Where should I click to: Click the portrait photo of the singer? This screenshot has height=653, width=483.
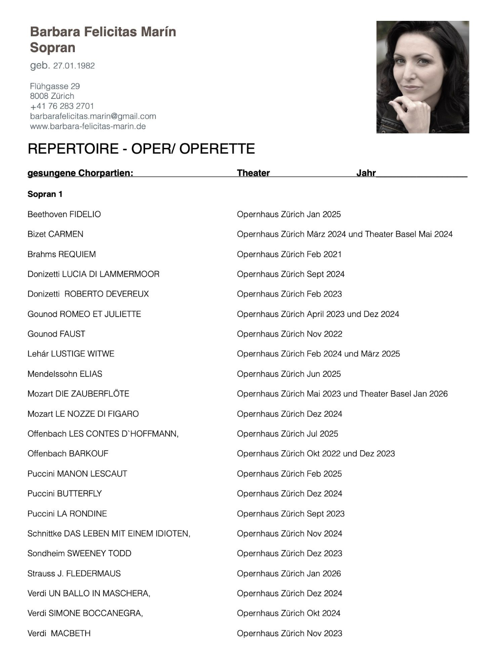tap(422, 77)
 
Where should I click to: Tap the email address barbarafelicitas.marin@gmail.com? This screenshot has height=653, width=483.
tap(93, 116)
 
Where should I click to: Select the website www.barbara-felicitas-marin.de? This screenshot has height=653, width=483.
tap(88, 126)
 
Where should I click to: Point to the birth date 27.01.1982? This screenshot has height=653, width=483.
tap(74, 66)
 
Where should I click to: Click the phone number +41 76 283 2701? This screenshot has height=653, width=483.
tap(62, 106)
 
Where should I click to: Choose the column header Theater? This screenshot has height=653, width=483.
tap(253, 173)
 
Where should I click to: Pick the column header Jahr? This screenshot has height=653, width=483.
tap(366, 173)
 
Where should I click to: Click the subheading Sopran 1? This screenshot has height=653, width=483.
tap(45, 194)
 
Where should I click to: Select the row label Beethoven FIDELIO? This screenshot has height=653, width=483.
tap(64, 214)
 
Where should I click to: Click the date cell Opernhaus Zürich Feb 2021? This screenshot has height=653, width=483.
tap(289, 254)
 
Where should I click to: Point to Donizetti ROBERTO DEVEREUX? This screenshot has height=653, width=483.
tap(88, 294)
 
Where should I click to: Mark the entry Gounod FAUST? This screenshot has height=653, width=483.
tap(56, 334)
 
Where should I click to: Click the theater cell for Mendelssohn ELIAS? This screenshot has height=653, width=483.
tap(288, 374)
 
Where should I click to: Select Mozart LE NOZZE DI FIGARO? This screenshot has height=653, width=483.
tap(83, 414)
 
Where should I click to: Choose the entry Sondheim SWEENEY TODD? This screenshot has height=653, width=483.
tap(79, 553)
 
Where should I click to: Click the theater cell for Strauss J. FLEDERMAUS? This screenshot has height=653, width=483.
tap(288, 573)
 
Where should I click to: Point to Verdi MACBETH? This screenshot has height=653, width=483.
tap(59, 633)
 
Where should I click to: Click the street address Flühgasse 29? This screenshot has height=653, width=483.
tap(55, 86)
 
